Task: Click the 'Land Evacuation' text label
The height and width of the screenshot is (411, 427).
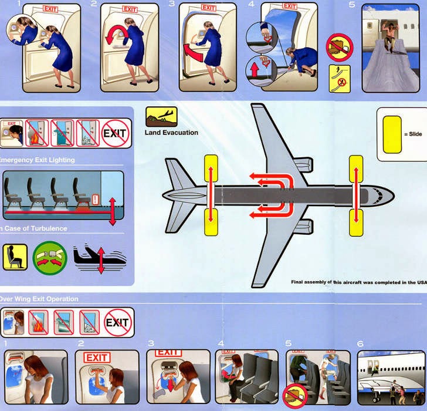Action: pos(171,133)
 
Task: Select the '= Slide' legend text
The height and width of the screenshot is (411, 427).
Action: pos(413,134)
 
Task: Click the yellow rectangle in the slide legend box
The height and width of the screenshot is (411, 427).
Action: pos(392,134)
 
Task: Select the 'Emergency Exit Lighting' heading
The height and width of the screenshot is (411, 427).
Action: pos(38,160)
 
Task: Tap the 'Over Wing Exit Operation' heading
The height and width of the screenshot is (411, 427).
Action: pos(39,299)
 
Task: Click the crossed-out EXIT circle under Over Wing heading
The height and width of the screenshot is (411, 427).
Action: pos(117,322)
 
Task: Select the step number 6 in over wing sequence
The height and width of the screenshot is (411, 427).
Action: pos(360,343)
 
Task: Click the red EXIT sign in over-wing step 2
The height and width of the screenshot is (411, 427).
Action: pos(97,358)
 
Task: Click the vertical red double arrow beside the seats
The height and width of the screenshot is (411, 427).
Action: pos(112,210)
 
